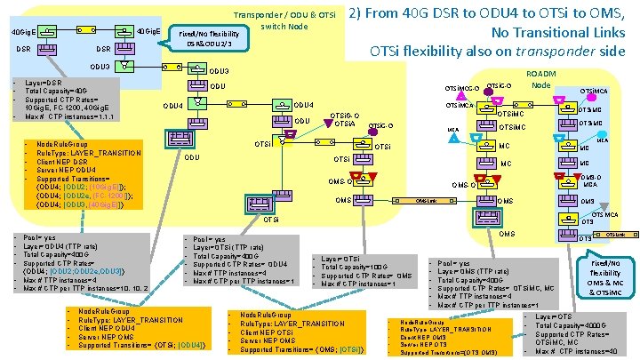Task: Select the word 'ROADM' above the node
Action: tap(540, 74)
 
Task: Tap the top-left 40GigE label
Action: tap(21, 33)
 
